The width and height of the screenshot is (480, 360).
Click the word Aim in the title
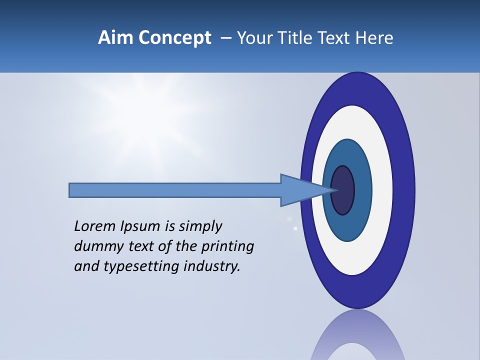coord(116,38)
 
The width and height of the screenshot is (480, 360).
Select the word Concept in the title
coord(175,38)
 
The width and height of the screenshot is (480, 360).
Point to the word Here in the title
coord(374,38)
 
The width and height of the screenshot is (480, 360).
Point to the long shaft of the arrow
coord(175,190)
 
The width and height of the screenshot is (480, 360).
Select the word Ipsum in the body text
coord(140,227)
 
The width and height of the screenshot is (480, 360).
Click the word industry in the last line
coord(212,266)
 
